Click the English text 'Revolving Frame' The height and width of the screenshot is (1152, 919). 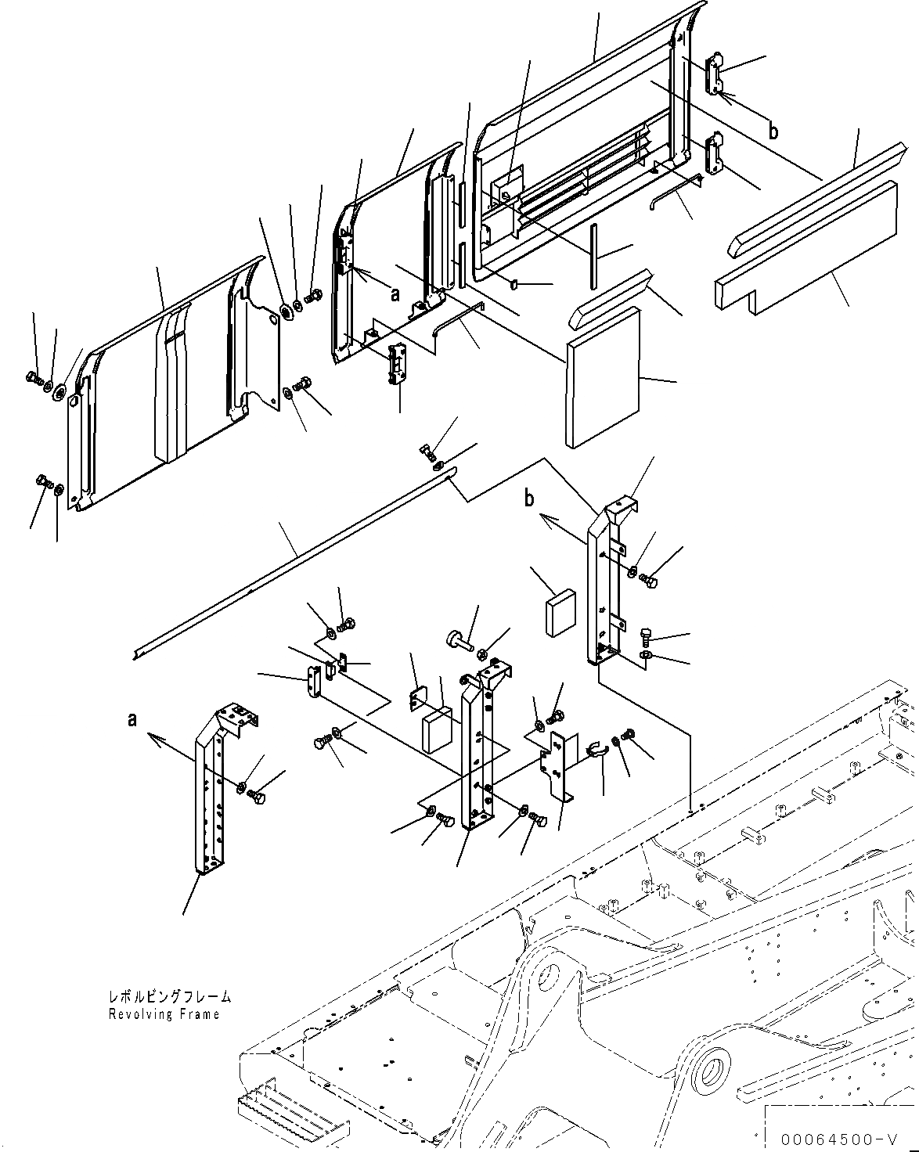[164, 1014]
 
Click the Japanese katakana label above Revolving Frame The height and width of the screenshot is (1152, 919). [170, 997]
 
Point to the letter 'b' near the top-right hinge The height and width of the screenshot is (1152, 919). [773, 131]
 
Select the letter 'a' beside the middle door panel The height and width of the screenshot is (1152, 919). [395, 293]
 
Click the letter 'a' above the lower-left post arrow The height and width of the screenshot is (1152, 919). [133, 718]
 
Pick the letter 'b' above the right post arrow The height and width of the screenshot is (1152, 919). [530, 499]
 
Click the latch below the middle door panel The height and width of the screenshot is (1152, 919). [398, 365]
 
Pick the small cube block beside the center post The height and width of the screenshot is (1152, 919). [438, 731]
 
